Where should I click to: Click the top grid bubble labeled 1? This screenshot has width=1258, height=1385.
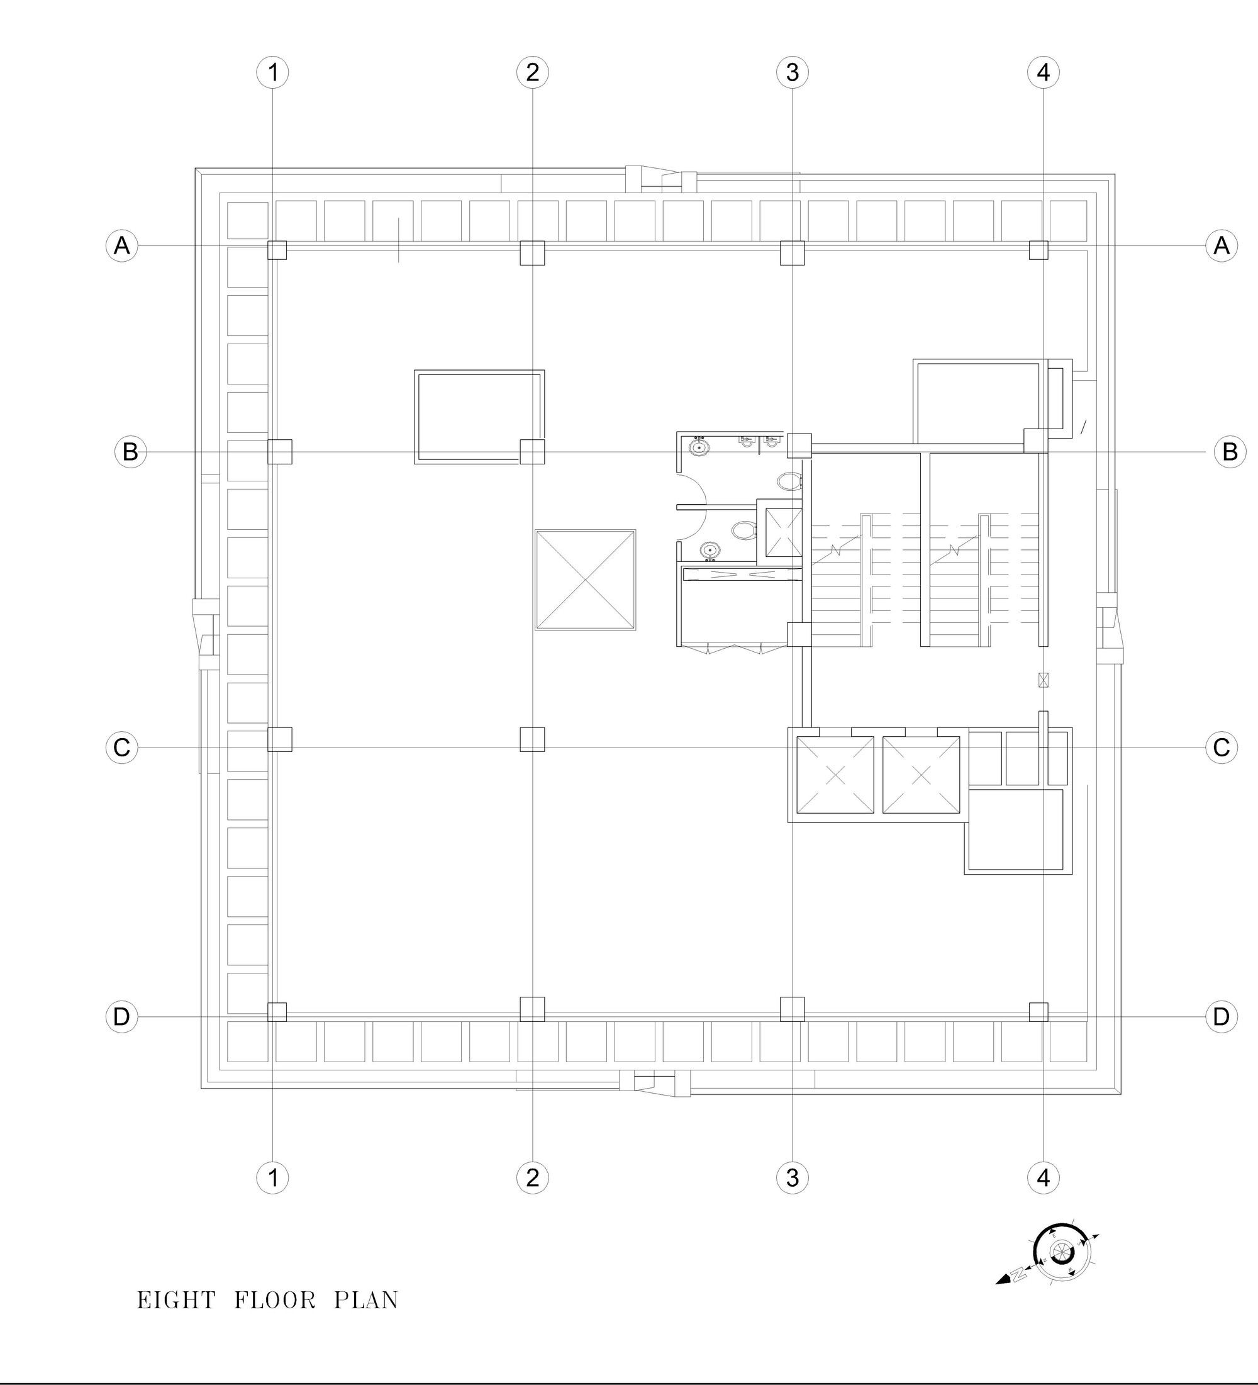click(x=272, y=72)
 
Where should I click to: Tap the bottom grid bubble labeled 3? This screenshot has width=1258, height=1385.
click(x=793, y=1177)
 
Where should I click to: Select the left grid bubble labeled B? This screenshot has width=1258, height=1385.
click(x=130, y=451)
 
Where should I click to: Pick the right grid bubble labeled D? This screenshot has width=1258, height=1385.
click(x=1221, y=1016)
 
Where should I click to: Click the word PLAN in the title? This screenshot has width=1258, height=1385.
click(x=366, y=1301)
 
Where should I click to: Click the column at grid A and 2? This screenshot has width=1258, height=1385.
click(x=532, y=252)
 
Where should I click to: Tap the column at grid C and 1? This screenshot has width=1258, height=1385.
click(x=279, y=739)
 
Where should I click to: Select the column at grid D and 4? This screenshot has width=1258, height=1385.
click(x=1038, y=1011)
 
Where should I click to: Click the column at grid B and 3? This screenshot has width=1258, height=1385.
click(x=799, y=446)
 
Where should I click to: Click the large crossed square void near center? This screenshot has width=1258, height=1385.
click(x=585, y=580)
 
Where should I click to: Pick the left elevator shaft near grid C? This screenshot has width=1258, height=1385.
click(x=834, y=775)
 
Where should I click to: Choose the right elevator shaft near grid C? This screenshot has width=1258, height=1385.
click(x=921, y=775)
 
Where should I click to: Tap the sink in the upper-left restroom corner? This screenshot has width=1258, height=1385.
click(x=699, y=447)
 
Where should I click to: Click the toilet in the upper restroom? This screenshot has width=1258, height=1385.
click(x=789, y=480)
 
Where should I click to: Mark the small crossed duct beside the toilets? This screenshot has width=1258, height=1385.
click(x=783, y=532)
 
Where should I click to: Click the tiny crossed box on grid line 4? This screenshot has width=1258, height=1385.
click(x=1043, y=680)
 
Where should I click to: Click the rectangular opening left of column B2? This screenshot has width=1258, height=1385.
click(x=479, y=417)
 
